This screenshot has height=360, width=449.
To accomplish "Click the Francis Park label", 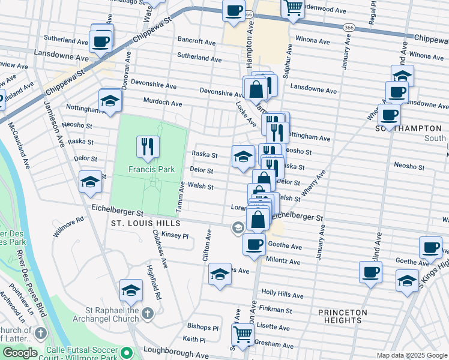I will pos(151,170).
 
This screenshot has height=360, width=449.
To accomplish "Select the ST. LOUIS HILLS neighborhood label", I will pos(142,223).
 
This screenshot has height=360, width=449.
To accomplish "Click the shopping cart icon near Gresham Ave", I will pos(243,335).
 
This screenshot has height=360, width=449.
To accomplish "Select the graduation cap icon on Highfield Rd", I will pos(131,290).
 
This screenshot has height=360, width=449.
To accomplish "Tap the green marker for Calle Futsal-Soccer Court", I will pos(127,352).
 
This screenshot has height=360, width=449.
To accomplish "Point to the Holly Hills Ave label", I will pos(284,292).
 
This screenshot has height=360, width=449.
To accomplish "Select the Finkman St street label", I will pos(277,310).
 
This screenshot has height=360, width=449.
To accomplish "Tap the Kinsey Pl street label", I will pos(175,236).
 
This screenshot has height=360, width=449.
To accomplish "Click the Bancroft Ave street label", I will pos(196,40).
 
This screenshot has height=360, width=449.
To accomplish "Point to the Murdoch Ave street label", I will pos(163,103).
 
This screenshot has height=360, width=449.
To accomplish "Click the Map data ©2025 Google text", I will pos(411,355).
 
